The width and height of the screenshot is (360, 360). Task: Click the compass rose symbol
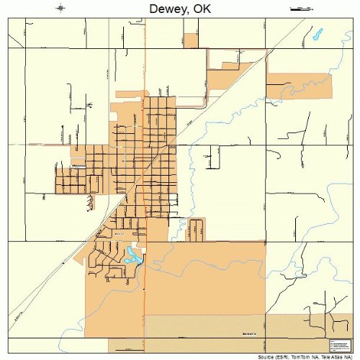tap(61, 9)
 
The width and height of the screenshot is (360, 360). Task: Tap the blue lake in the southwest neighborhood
tap(132, 255)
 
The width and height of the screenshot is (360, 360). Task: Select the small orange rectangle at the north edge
tap(191, 41)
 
